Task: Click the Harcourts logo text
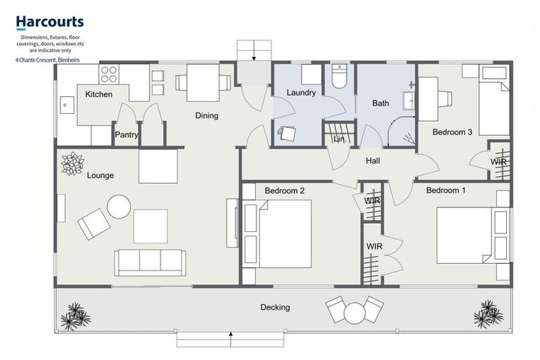pos(49,22)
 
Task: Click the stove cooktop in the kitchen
pos(108,74)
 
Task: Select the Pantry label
pos(127,135)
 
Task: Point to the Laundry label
pos(301,93)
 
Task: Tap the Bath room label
pos(380,103)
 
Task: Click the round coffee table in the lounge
pos(118,207)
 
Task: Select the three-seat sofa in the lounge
pos(150,262)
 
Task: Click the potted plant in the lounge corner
pos(72,163)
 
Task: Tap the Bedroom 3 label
pos(452,131)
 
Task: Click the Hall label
pos(373,161)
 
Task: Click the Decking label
pos(275,307)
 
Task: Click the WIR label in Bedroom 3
pos(499,162)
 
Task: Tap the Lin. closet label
pos(339,140)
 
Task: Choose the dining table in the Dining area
pos(203,83)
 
